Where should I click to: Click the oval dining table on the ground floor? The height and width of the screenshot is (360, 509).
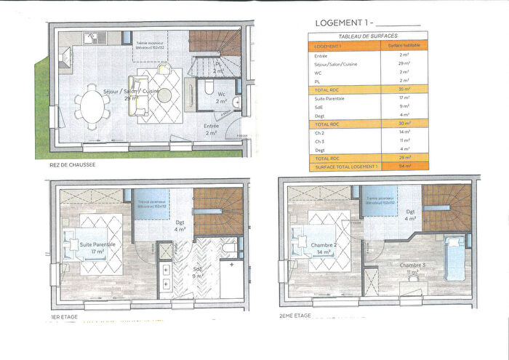[x=92, y=105]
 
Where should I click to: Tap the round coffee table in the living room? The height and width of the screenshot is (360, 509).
[x=166, y=95]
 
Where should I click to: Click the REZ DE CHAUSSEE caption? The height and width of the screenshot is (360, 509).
[x=74, y=165]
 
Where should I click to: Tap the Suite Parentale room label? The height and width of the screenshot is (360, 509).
[x=97, y=245]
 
